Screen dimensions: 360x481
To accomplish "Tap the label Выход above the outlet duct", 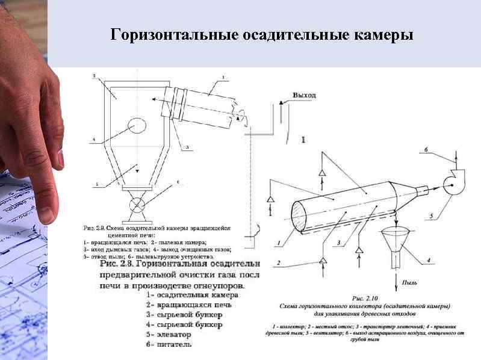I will pyautogui.click(x=303, y=95).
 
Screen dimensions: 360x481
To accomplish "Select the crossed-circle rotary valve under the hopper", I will pyautogui.click(x=137, y=204).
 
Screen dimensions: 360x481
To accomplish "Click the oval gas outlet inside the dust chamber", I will pyautogui.click(x=136, y=125).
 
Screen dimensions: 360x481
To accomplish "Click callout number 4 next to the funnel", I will pyautogui.click(x=428, y=260).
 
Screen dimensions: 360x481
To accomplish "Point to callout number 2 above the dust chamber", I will pyautogui.click(x=95, y=76).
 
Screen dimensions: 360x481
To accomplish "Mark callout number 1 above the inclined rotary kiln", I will pyautogui.click(x=223, y=77).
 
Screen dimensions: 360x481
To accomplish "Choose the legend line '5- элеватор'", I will pyautogui.click(x=169, y=334).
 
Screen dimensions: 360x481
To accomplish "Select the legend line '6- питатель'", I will pyautogui.click(x=169, y=344).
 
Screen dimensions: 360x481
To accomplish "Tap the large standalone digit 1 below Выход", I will pyautogui.click(x=303, y=140).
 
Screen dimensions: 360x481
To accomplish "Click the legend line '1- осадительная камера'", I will pyautogui.click(x=192, y=295).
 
